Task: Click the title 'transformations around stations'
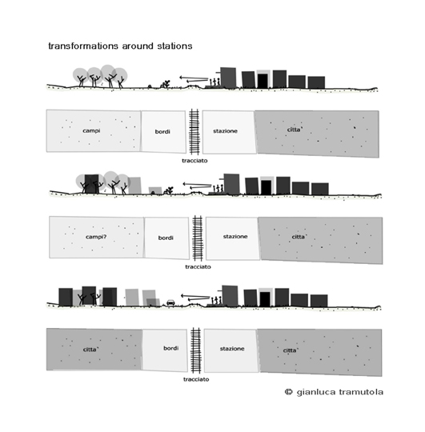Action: tap(120, 46)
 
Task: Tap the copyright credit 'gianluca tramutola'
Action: tap(340, 392)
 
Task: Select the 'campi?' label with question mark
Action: tap(96, 237)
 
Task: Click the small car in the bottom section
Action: tap(170, 302)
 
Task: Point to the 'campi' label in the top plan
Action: tap(91, 130)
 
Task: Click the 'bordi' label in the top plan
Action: tap(162, 132)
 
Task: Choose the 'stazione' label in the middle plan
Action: tap(235, 236)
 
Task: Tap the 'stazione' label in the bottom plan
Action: tap(232, 349)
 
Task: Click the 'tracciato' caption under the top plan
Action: tap(194, 161)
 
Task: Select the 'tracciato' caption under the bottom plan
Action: tap(196, 379)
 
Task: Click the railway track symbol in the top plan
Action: tap(194, 132)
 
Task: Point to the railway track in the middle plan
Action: tap(198, 238)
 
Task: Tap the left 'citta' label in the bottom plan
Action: tap(90, 350)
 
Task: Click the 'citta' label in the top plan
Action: tap(295, 130)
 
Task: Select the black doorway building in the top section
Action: tap(263, 81)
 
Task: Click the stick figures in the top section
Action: tap(215, 82)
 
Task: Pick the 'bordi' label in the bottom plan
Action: tap(171, 348)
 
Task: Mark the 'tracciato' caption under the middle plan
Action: tap(198, 266)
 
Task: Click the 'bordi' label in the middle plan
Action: tap(166, 238)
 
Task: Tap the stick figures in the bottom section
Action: tap(216, 300)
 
